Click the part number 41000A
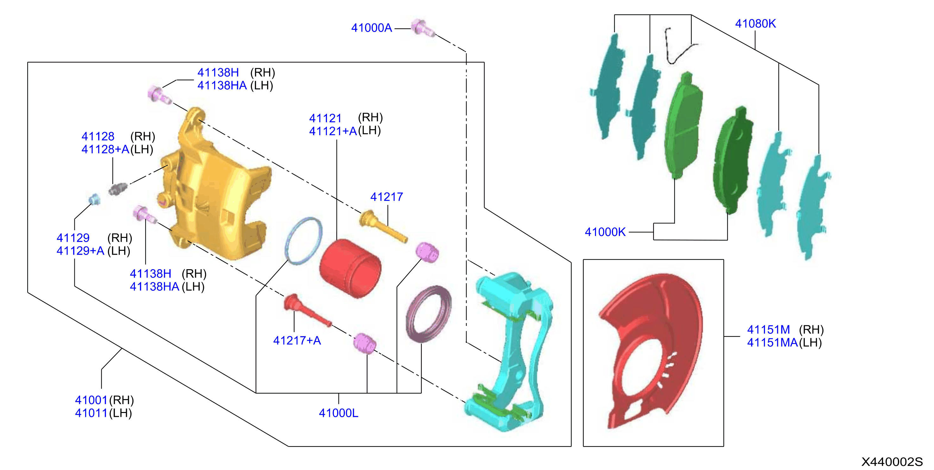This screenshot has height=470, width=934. pyautogui.click(x=371, y=28)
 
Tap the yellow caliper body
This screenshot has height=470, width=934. pyautogui.click(x=214, y=185)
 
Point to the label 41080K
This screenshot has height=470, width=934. pyautogui.click(x=755, y=23)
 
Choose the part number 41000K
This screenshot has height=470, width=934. pyautogui.click(x=605, y=232)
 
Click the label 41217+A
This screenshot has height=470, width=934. pyautogui.click(x=297, y=340)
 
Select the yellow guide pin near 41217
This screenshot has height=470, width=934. pyautogui.click(x=383, y=226)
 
